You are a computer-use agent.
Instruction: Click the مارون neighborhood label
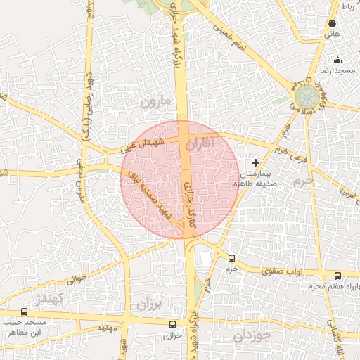click(x=155, y=101)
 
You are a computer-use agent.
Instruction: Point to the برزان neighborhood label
click(x=148, y=304)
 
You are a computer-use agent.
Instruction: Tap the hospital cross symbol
click(x=255, y=162)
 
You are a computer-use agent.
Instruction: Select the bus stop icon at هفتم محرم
click(x=337, y=276)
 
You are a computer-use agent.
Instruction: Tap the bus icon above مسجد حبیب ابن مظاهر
click(x=25, y=311)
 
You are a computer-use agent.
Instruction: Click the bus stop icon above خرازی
click(x=173, y=324)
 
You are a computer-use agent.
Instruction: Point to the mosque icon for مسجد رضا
click(x=337, y=60)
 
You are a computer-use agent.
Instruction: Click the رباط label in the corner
click(x=348, y=6)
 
